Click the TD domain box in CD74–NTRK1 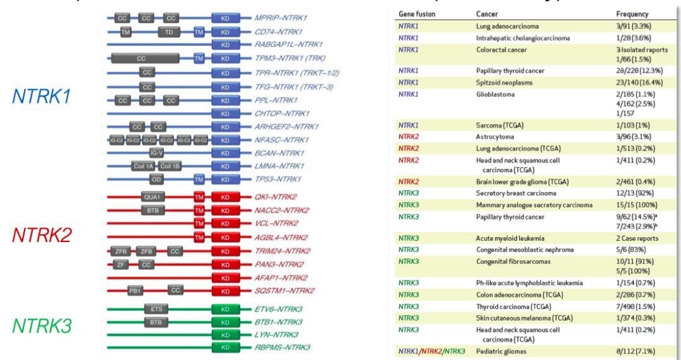pyautogui.click(x=168, y=32)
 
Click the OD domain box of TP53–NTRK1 pyautogui.click(x=157, y=180)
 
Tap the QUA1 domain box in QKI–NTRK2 pyautogui.click(x=153, y=197)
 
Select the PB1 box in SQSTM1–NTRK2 pyautogui.click(x=134, y=291)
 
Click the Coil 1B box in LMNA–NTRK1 pyautogui.click(x=170, y=166)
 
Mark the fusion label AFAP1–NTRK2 pyautogui.click(x=281, y=277)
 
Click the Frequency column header pyautogui.click(x=632, y=14)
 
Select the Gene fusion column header pyautogui.click(x=417, y=14)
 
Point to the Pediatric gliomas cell pyautogui.click(x=502, y=351)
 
